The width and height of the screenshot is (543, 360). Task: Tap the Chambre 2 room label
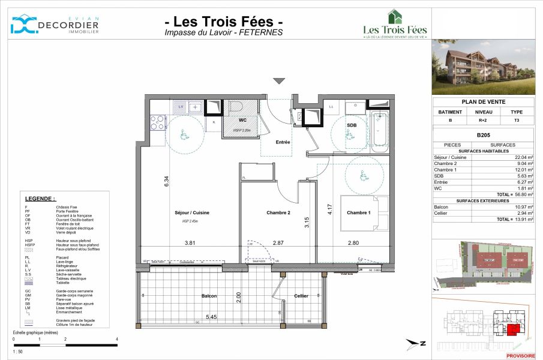(278, 212)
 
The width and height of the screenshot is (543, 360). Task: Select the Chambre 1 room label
(359, 212)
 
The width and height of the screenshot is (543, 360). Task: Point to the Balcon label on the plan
(209, 296)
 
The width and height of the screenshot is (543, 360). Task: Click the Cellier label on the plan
(301, 296)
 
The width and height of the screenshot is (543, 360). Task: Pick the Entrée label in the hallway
(283, 142)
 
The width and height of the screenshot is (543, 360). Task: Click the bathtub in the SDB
(380, 130)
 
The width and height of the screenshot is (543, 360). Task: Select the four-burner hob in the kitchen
(157, 122)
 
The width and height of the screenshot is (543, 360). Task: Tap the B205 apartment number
(484, 136)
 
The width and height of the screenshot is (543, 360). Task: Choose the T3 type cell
(516, 120)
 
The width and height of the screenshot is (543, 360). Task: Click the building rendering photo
(484, 67)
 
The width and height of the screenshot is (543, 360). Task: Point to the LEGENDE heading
(40, 199)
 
